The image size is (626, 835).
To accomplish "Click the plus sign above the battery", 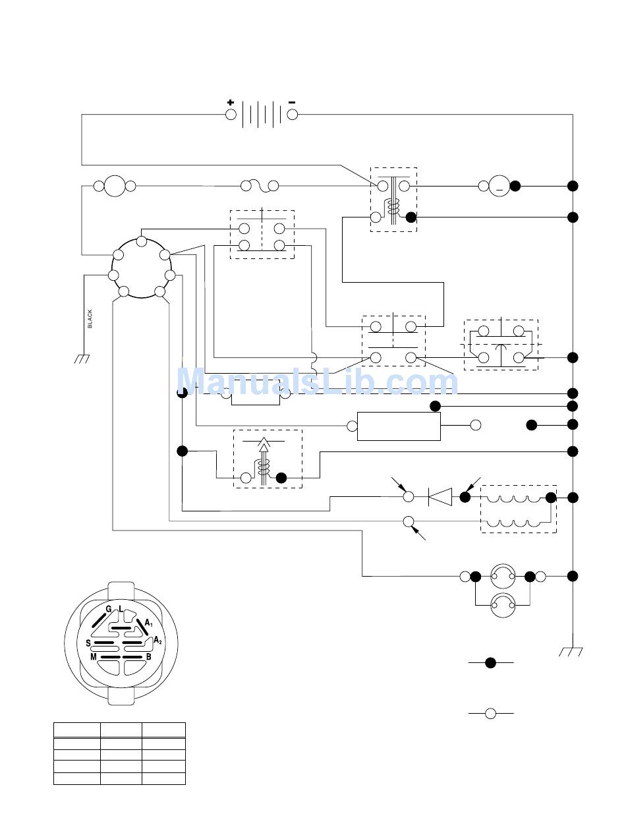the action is (231, 102).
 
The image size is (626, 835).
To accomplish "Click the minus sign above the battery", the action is (292, 102).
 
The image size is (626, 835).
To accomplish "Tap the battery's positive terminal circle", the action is (231, 115).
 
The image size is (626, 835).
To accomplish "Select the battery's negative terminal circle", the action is (292, 115).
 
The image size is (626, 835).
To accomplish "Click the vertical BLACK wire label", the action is (90, 319).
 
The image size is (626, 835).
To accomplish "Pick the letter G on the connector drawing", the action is (108, 609).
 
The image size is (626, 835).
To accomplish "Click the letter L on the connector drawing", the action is (121, 609).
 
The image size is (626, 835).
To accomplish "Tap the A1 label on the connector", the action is (149, 623).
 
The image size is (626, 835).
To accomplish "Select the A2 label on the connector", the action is (158, 640).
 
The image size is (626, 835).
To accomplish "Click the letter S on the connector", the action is (88, 643).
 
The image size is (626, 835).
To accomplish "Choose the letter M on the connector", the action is (94, 657).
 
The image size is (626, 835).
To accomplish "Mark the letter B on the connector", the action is (149, 657).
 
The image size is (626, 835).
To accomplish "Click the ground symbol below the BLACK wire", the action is (82, 359).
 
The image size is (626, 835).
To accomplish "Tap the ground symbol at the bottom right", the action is (571, 652).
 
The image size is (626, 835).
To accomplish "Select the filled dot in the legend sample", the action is (491, 663).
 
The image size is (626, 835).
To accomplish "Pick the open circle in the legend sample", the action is (491, 714).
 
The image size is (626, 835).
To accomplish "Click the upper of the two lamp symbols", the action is (503, 576).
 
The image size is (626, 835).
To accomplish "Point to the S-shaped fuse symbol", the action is (260, 186).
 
